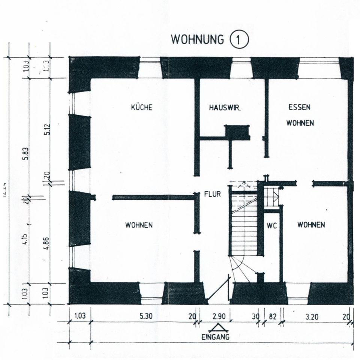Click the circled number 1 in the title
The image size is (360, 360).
coord(239,40)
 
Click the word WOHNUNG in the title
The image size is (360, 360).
coord(197,39)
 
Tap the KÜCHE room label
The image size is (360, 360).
coord(141,107)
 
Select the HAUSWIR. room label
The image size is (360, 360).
coord(225,108)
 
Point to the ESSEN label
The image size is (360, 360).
coord(299,107)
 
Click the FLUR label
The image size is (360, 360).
coord(212,195)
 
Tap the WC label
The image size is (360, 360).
coord(271,226)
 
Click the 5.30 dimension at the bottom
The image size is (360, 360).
coord(145,316)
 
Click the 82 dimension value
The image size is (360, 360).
coord(273,316)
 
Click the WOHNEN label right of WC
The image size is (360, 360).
coord(311,225)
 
